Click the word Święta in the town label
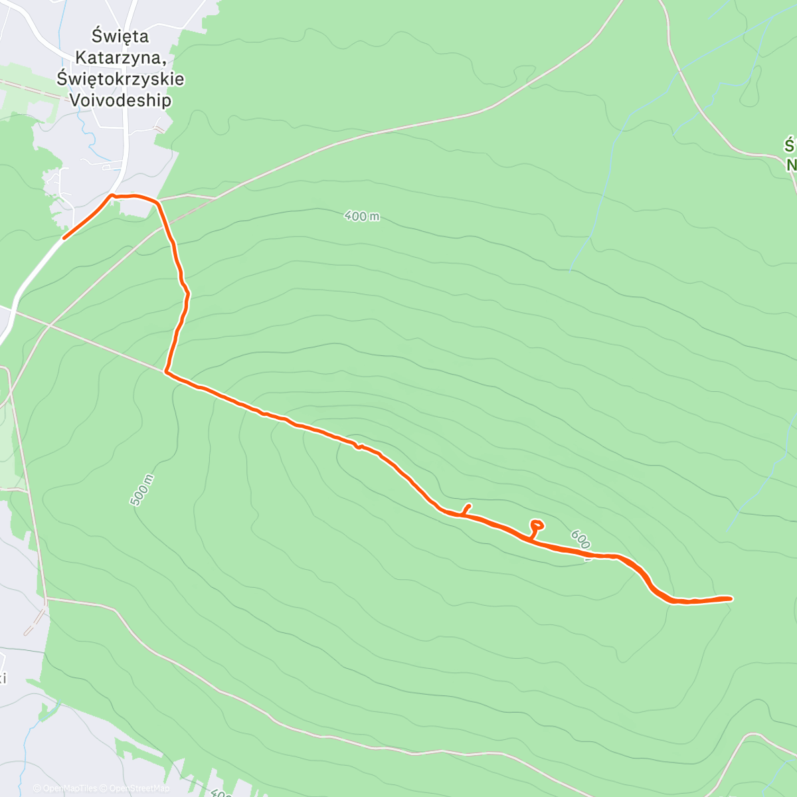click(x=120, y=36)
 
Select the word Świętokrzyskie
click(x=120, y=78)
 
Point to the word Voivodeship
click(x=120, y=100)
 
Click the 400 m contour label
click(x=362, y=216)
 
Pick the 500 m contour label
click(x=142, y=491)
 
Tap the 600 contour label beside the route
click(x=580, y=540)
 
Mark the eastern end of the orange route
click(x=731, y=598)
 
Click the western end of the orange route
click(x=64, y=237)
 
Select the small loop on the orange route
click(x=536, y=525)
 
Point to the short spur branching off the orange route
click(x=466, y=509)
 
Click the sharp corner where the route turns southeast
click(x=167, y=372)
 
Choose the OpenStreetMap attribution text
click(x=140, y=788)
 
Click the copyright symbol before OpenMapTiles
click(x=37, y=788)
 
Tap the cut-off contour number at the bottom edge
click(x=221, y=793)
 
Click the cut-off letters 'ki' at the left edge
click(x=3, y=678)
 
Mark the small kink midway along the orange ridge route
click(x=358, y=446)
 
